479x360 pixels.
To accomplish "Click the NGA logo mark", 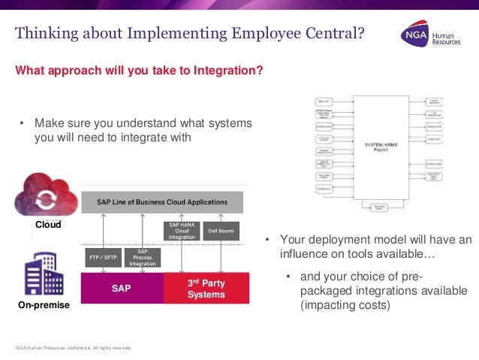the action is point(413,35).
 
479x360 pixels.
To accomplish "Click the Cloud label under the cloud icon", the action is point(48,225).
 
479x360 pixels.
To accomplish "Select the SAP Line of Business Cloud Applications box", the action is point(160,202).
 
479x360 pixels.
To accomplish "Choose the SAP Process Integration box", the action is point(143,257).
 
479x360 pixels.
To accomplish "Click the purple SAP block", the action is point(122,288).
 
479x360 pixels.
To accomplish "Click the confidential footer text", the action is point(74,347).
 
